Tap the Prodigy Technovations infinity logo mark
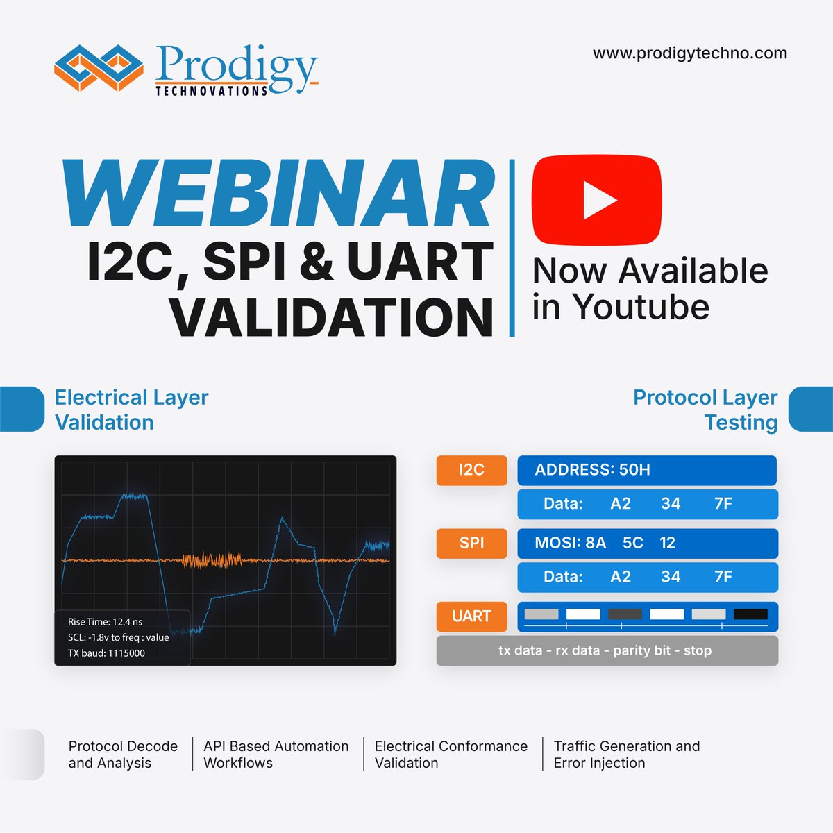99,67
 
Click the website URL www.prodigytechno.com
689,53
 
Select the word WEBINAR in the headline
278,194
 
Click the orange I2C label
471,470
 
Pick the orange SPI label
471,543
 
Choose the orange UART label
471,616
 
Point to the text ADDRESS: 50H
592,470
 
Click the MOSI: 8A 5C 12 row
605,543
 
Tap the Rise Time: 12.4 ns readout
105,622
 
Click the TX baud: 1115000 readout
106,653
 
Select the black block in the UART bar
750,614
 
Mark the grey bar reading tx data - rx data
606,650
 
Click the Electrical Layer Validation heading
131,410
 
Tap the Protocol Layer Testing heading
705,410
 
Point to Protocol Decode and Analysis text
123,755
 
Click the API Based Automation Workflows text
276,755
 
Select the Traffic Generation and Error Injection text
626,755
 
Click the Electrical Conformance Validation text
451,755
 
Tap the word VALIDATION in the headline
331,317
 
